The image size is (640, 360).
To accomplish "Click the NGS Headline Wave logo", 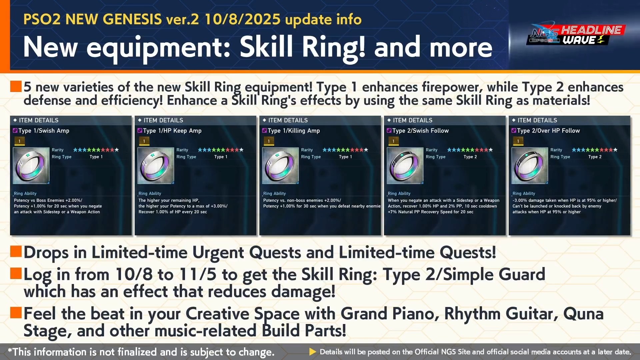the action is click(x=576, y=35).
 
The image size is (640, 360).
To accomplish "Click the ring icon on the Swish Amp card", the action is click(x=31, y=166).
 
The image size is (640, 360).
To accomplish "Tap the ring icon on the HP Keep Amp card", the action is click(x=156, y=166).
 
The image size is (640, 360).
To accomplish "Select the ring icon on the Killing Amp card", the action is click(x=280, y=166).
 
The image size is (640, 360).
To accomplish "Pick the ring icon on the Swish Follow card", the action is click(x=405, y=166).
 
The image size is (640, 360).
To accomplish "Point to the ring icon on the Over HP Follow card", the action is click(x=530, y=166).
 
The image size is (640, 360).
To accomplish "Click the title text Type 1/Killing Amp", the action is click(x=294, y=131).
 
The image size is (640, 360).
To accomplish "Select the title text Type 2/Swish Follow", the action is click(x=420, y=131).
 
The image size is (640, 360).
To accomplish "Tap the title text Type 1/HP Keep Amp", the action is click(x=172, y=131).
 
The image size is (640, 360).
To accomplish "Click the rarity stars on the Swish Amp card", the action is click(x=96, y=150).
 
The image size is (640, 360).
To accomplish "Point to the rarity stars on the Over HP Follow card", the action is click(x=595, y=150).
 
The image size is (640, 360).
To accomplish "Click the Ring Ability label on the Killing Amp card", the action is click(x=274, y=193).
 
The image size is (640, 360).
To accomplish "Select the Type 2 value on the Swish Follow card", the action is click(x=470, y=157).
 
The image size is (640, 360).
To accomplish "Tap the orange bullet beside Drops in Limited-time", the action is click(x=16, y=252).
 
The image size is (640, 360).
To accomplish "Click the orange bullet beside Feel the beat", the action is click(x=16, y=313).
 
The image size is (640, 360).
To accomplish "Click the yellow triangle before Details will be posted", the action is click(x=313, y=352).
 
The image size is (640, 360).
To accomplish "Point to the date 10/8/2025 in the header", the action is click(x=242, y=19).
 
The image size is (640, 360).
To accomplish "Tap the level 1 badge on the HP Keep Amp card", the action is click(x=144, y=141).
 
